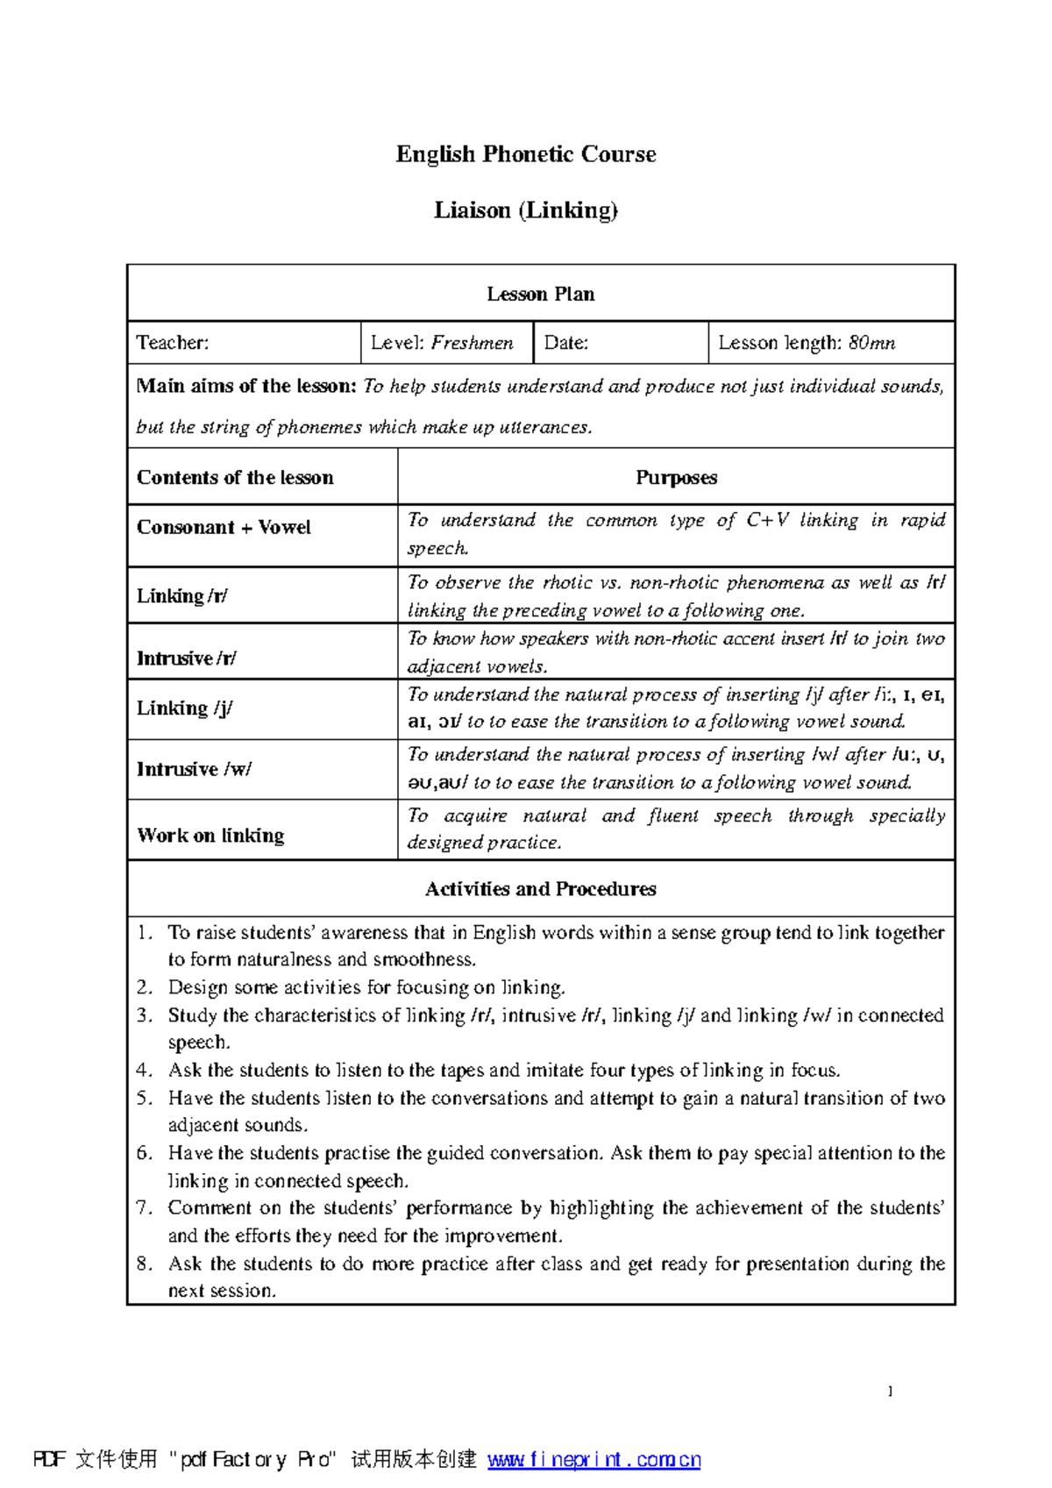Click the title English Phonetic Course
click(x=526, y=154)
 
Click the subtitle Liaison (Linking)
click(x=526, y=210)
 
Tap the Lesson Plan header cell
click(x=541, y=294)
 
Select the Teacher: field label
click(x=173, y=343)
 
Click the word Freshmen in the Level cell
click(x=472, y=343)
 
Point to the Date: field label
click(x=566, y=343)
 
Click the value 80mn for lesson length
click(x=871, y=343)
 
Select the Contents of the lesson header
click(x=235, y=478)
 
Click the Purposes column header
click(x=676, y=478)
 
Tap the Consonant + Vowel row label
click(x=224, y=528)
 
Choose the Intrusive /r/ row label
click(x=187, y=659)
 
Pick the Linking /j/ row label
click(x=184, y=708)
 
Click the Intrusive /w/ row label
click(x=194, y=770)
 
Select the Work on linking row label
click(x=210, y=836)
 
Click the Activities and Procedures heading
click(x=541, y=889)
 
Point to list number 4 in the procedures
click(x=145, y=1071)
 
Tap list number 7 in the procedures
click(x=145, y=1208)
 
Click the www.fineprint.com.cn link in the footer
click(x=594, y=1459)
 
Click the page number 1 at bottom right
click(x=890, y=1392)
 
